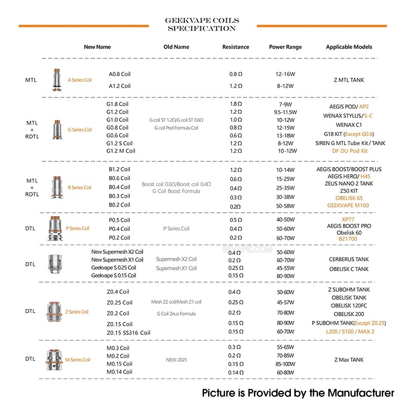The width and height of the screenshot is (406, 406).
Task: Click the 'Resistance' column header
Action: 235,47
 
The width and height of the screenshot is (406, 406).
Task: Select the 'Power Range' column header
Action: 285,47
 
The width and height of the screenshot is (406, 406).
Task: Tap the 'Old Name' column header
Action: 176,47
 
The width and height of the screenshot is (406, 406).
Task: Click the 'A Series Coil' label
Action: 80,80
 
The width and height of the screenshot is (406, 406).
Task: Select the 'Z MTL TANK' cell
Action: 349,80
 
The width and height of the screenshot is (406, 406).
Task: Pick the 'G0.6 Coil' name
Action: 117,135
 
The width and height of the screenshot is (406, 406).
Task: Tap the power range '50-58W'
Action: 285,205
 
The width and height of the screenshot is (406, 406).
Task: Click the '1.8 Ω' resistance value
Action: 235,104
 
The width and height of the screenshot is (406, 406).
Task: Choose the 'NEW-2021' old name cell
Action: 176,360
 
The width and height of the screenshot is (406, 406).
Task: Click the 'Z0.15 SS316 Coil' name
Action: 128,332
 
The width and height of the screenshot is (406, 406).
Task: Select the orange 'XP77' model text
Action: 349,219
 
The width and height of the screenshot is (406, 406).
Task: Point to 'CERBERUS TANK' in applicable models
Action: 349,259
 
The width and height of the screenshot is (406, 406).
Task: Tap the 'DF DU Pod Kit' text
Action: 349,151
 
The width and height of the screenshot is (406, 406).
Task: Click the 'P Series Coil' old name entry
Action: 176,228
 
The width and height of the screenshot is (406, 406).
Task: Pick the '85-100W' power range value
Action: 285,364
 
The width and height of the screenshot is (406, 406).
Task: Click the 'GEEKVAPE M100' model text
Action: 349,205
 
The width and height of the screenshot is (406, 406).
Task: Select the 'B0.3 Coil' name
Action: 119,196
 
